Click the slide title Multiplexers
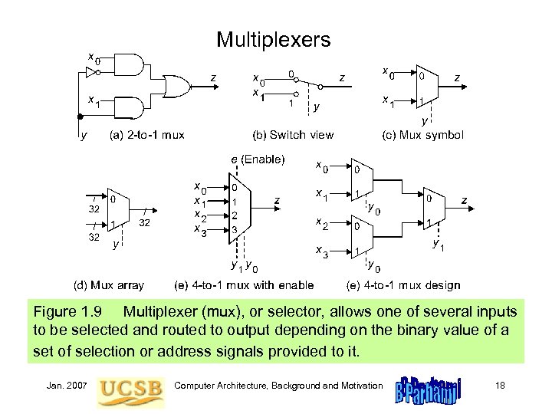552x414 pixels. pyautogui.click(x=273, y=39)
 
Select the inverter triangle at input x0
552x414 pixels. pyautogui.click(x=91, y=73)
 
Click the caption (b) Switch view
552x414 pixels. pyautogui.click(x=293, y=135)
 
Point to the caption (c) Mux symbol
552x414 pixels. pyautogui.click(x=422, y=135)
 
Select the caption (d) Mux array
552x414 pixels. pyautogui.click(x=108, y=285)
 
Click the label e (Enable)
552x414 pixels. pyautogui.click(x=258, y=160)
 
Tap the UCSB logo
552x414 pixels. pyautogui.click(x=131, y=387)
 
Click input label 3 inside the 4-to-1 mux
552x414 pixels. pyautogui.click(x=235, y=229)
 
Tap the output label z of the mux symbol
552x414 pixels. pyautogui.click(x=457, y=77)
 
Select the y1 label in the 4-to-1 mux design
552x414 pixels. pyautogui.click(x=439, y=245)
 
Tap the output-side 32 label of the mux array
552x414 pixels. pyautogui.click(x=144, y=224)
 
